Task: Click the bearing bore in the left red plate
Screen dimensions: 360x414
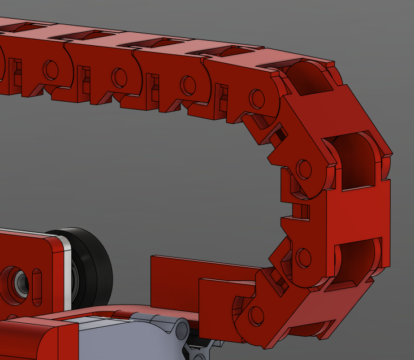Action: pyautogui.click(x=16, y=279)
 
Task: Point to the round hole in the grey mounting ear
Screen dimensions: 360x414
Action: pyautogui.click(x=180, y=329)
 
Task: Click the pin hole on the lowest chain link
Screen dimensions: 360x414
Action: pyautogui.click(x=256, y=315)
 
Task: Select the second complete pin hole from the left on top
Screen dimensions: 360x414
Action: pyautogui.click(x=119, y=77)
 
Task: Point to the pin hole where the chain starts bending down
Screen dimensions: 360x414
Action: pyautogui.click(x=257, y=99)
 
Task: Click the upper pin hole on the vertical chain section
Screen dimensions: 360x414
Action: pyautogui.click(x=304, y=168)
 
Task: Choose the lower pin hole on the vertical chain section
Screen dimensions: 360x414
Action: pyautogui.click(x=304, y=258)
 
